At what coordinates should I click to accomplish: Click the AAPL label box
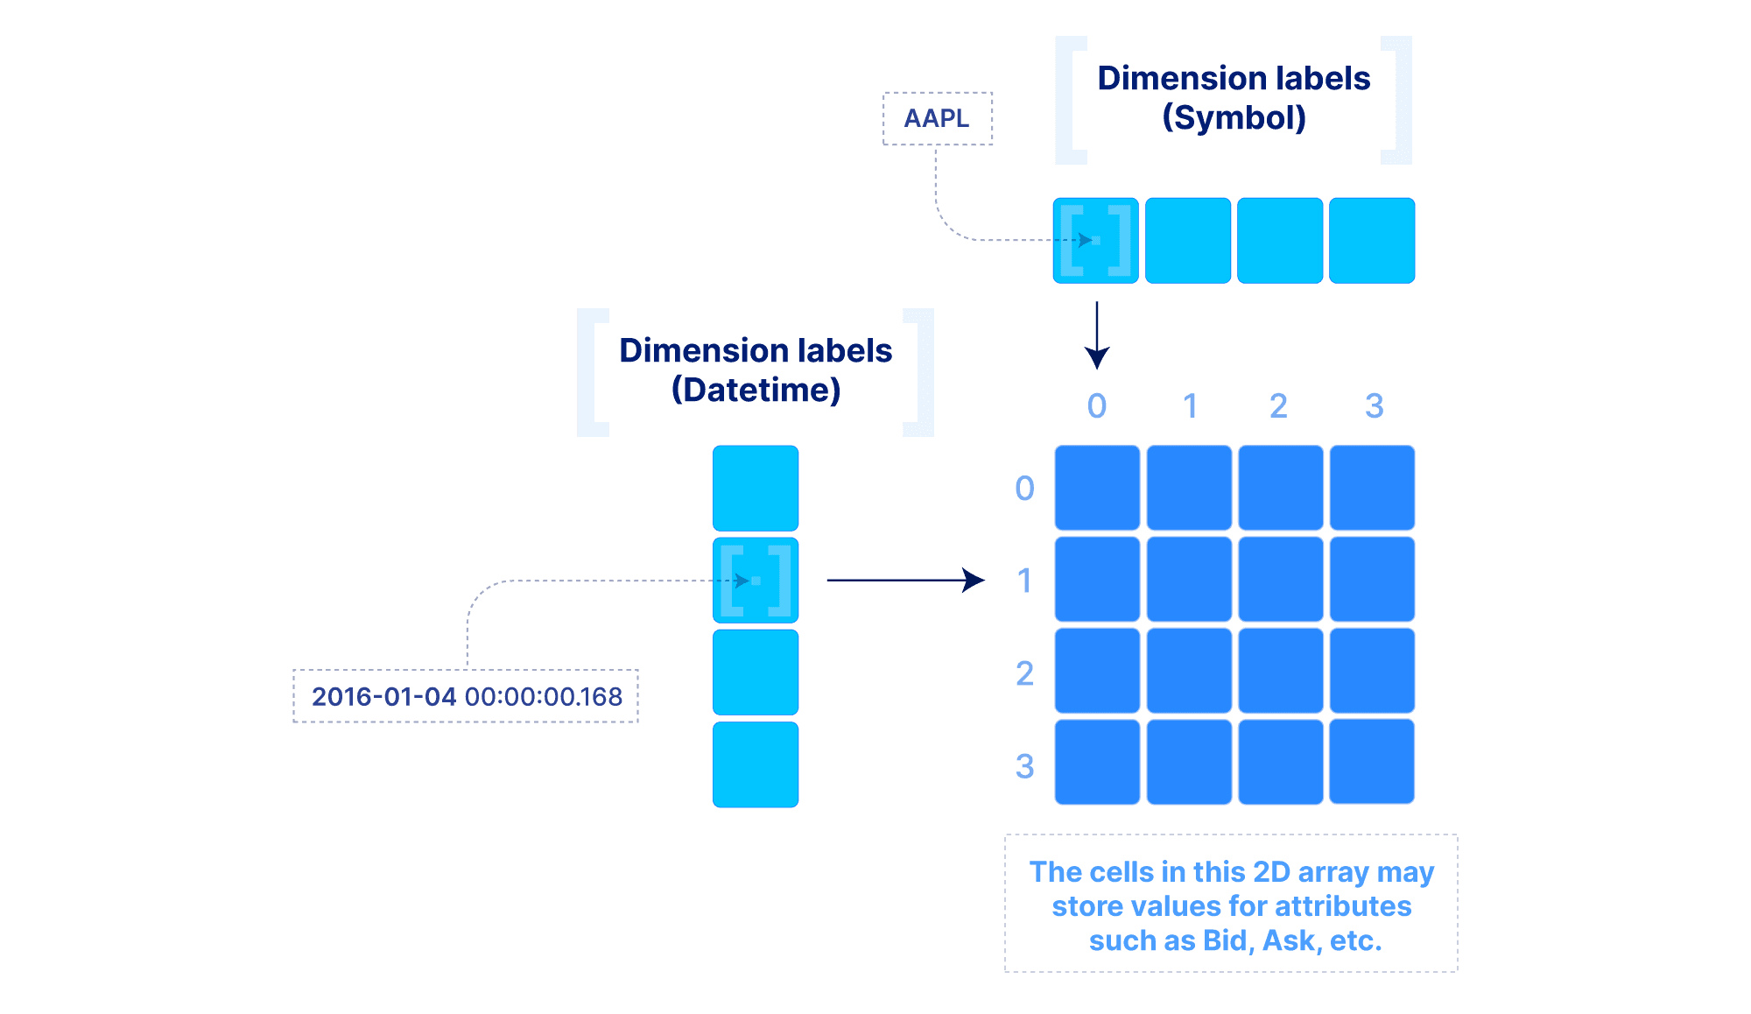(x=937, y=118)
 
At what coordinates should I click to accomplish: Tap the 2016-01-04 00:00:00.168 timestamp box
(x=466, y=696)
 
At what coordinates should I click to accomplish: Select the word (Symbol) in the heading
(x=1234, y=118)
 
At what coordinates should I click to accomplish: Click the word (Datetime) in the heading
(x=756, y=391)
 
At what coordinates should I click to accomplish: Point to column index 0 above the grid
(x=1097, y=406)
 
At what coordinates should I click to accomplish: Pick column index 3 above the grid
(x=1374, y=406)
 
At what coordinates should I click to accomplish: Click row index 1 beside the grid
(x=1024, y=581)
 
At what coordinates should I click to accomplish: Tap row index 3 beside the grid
(x=1024, y=766)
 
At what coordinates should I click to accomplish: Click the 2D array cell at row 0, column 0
(x=1097, y=488)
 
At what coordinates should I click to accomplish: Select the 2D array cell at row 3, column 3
(x=1372, y=761)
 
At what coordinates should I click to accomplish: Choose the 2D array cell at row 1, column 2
(x=1280, y=580)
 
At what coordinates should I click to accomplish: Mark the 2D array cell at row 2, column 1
(x=1189, y=671)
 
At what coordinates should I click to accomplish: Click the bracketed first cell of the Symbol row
(x=1096, y=241)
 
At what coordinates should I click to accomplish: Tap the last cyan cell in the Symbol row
(x=1372, y=241)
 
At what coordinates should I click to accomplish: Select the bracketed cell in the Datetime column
(x=756, y=580)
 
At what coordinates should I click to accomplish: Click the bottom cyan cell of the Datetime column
(x=756, y=764)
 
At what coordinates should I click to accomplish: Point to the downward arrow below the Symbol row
(x=1097, y=336)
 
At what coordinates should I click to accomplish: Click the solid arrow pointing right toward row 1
(x=905, y=580)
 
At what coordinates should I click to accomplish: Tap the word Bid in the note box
(x=1225, y=940)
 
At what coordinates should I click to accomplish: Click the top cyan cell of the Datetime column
(x=756, y=488)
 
